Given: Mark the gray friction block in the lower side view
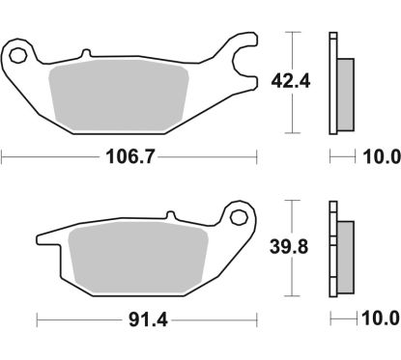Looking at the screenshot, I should [345, 255].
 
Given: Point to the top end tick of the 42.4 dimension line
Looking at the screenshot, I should [291, 33].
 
